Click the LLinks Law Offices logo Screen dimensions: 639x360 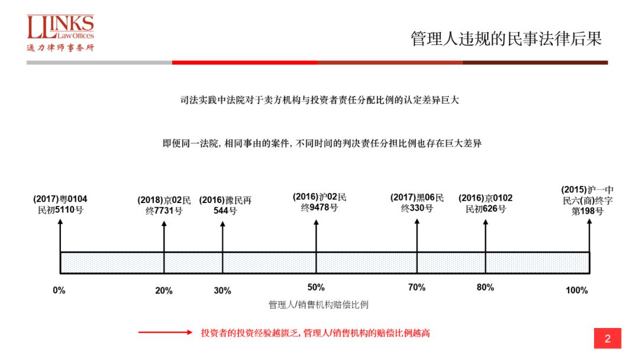pyautogui.click(x=60, y=33)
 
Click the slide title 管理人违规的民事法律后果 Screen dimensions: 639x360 pyautogui.click(x=506, y=39)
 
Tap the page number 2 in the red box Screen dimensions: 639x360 pyautogui.click(x=607, y=339)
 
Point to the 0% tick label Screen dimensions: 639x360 pyautogui.click(x=59, y=290)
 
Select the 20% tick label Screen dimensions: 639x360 pyautogui.click(x=164, y=291)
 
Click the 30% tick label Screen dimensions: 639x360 pyautogui.click(x=222, y=291)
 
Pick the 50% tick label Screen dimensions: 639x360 pyautogui.click(x=316, y=287)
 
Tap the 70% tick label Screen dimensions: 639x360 pyautogui.click(x=417, y=287)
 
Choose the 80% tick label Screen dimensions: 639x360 pyautogui.click(x=485, y=287)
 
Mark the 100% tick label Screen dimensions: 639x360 pyautogui.click(x=577, y=290)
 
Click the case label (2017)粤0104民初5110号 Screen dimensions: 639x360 pyautogui.click(x=60, y=204)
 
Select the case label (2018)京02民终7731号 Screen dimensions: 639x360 pyautogui.click(x=164, y=205)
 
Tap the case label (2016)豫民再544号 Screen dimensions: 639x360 pyautogui.click(x=225, y=205)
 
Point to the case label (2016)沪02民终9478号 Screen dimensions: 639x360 pyautogui.click(x=319, y=202)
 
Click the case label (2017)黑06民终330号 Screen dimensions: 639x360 pyautogui.click(x=417, y=202)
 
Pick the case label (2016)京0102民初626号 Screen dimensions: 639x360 pyautogui.click(x=485, y=203)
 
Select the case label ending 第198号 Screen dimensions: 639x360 pyautogui.click(x=588, y=201)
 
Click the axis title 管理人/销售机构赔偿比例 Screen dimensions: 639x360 pyautogui.click(x=318, y=305)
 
